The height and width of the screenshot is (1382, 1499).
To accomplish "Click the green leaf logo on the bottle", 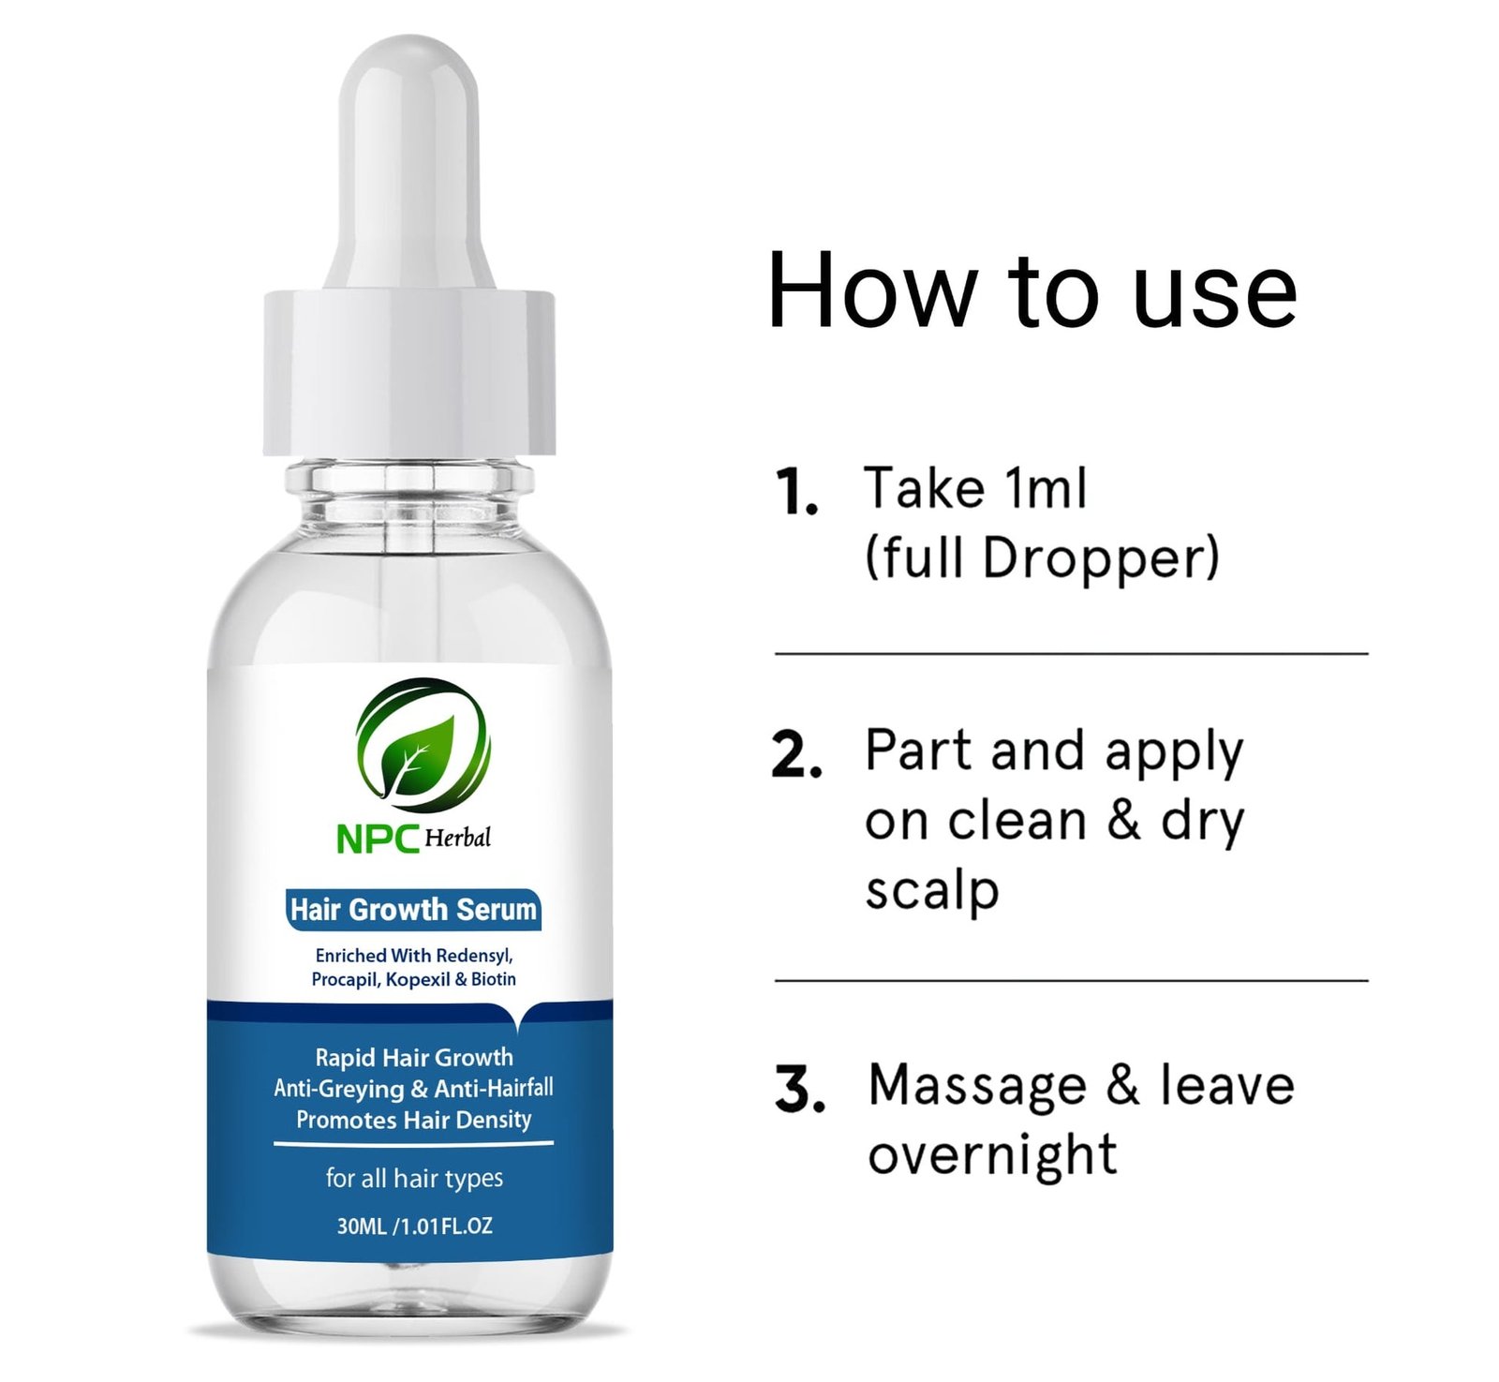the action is (x=423, y=745).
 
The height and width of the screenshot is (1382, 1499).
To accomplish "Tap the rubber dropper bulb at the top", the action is (x=409, y=164).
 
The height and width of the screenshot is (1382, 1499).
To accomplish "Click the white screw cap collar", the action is (x=409, y=373).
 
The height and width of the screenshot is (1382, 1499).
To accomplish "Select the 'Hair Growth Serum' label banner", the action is (x=413, y=910).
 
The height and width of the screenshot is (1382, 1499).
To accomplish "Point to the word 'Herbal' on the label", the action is (x=457, y=837).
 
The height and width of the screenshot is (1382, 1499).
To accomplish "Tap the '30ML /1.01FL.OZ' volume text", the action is (x=414, y=1226).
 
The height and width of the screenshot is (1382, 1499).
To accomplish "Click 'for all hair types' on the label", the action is (x=414, y=1178).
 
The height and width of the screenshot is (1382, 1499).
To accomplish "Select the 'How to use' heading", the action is (x=1031, y=291).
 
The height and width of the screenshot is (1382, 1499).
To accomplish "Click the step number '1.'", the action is (x=797, y=492).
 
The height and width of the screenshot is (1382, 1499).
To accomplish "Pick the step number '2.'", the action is (x=797, y=754).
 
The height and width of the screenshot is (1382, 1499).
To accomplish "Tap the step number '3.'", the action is (x=800, y=1089).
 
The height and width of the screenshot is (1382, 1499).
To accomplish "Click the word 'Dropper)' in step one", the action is (x=1101, y=558).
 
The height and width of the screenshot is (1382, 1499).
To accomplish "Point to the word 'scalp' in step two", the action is (x=932, y=891).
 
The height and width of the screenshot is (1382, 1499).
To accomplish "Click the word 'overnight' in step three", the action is (x=992, y=1155).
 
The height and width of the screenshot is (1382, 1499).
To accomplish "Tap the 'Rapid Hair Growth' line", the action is (x=414, y=1058).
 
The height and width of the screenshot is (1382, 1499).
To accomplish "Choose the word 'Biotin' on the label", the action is (x=494, y=979).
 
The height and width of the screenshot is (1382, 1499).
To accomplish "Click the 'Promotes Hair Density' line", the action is (x=414, y=1120).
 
